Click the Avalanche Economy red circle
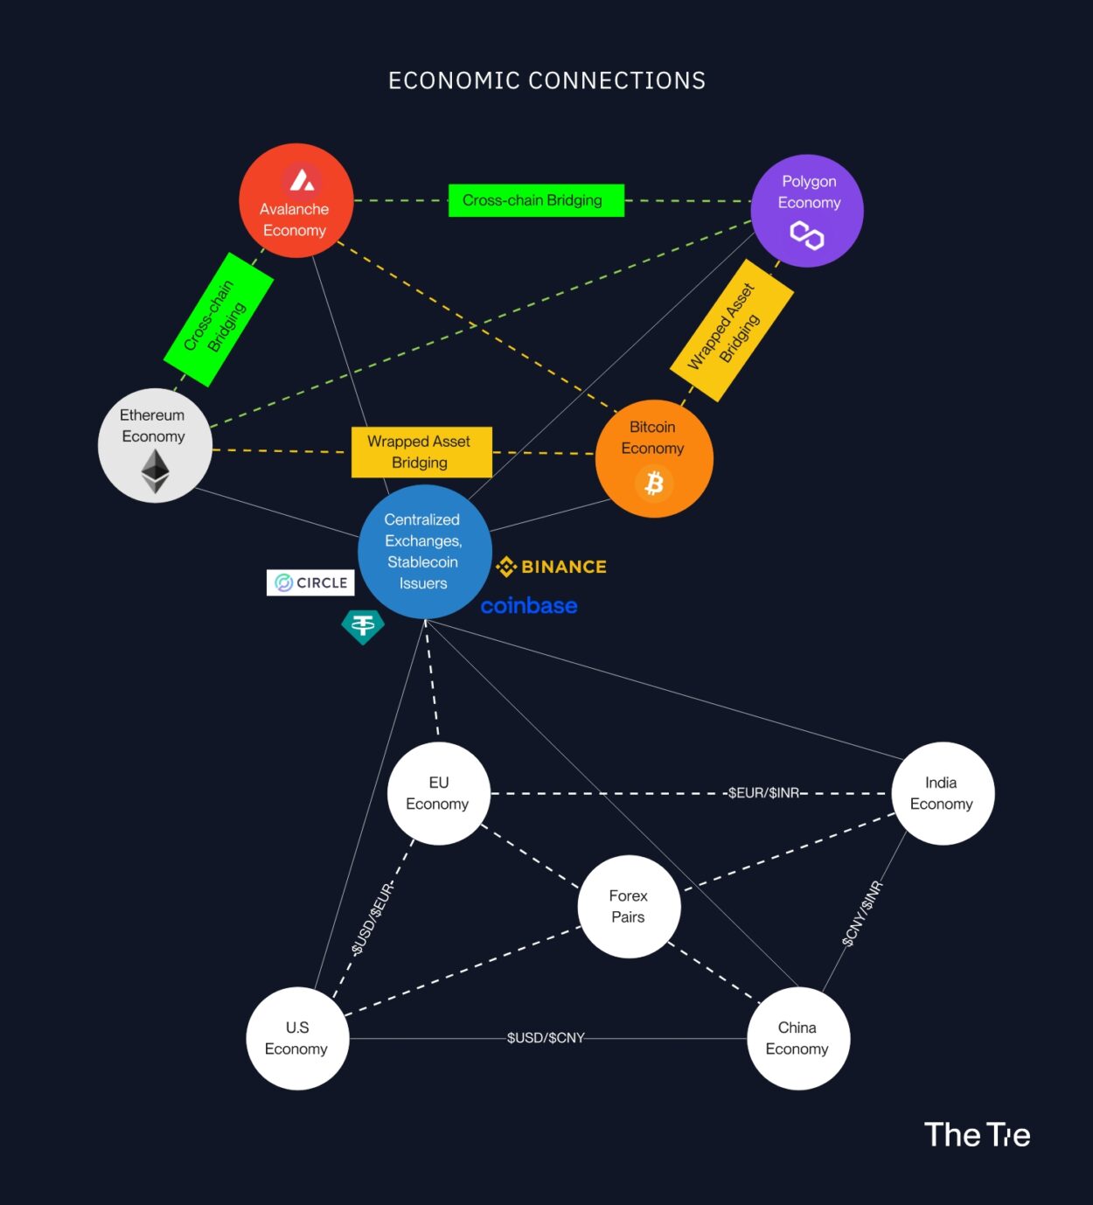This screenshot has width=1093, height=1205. coord(296,201)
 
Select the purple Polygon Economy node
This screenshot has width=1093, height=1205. coord(807,211)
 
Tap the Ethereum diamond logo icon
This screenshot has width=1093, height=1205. coord(156,471)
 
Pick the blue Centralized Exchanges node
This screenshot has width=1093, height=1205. coord(424,552)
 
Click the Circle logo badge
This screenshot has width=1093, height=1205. coord(310,582)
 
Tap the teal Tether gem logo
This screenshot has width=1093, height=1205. coord(363,626)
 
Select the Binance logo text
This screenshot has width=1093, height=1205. coord(552,567)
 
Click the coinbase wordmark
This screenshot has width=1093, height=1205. coord(529,605)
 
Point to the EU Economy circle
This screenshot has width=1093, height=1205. coord(438,793)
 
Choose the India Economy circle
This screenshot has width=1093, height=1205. coord(942,793)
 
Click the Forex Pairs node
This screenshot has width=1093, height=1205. coord(629,907)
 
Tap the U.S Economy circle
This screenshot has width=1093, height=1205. coord(297,1038)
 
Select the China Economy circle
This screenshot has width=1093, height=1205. coord(797,1038)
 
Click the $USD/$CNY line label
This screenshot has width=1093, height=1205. coord(546,1038)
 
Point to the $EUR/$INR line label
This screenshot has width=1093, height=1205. coord(763,793)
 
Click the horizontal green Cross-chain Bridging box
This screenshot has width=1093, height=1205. coord(536,200)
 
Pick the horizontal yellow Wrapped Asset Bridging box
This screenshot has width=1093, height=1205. coord(421,452)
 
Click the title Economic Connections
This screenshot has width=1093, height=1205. coord(546,81)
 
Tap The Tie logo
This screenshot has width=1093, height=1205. coord(977,1135)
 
